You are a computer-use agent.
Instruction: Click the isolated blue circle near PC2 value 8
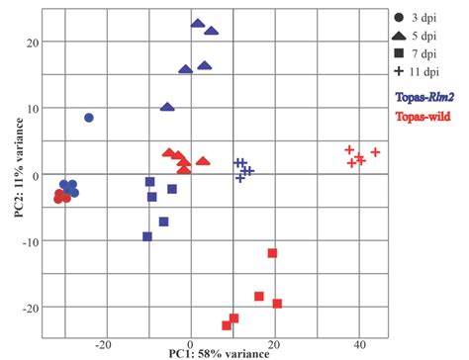[x=89, y=118]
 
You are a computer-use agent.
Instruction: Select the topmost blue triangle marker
[x=198, y=23]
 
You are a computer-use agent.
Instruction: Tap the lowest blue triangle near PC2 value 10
[x=167, y=107]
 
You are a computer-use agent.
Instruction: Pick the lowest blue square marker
[x=147, y=236]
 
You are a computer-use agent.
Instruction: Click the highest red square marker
[x=272, y=253]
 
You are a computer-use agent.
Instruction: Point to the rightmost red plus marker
[x=375, y=152]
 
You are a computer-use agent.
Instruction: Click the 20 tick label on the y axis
[x=33, y=43]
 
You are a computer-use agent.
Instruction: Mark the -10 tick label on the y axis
[x=30, y=241]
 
